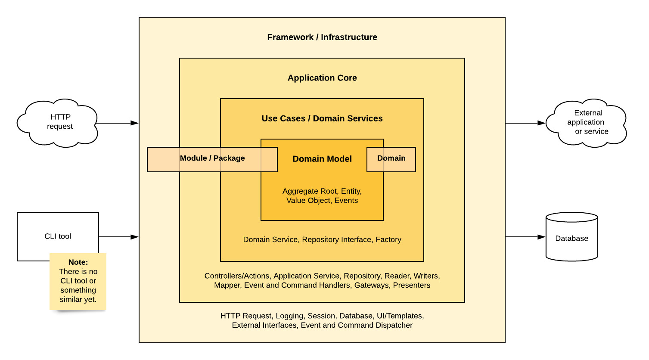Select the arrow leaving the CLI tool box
click(x=118, y=237)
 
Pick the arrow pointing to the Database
click(x=525, y=237)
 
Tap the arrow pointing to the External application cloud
click(x=525, y=123)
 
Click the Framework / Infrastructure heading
click(x=322, y=37)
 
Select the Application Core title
click(x=322, y=78)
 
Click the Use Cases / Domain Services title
click(x=322, y=118)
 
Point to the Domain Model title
click(x=322, y=159)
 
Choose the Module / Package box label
click(x=212, y=158)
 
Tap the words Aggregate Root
click(x=310, y=191)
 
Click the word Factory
click(x=388, y=239)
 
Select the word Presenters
click(x=411, y=285)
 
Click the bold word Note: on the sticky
click(x=78, y=262)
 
